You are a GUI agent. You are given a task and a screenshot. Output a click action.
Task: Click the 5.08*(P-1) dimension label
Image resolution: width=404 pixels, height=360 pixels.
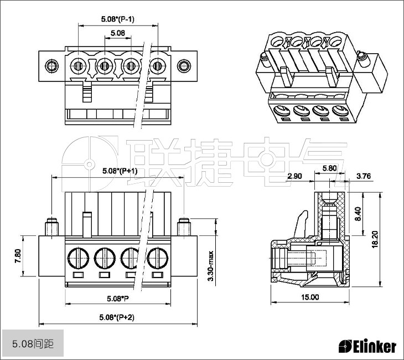[x=118, y=19]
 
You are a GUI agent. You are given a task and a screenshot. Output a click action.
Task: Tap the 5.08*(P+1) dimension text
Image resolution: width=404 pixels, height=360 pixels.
[x=120, y=171]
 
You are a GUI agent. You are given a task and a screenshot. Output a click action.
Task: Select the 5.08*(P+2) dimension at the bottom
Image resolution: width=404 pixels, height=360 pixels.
[x=116, y=317]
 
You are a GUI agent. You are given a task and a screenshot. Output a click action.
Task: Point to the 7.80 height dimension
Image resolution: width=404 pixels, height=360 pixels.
[x=18, y=256]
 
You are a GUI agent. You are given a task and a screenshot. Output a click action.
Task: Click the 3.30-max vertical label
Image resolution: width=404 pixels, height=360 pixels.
[x=210, y=265]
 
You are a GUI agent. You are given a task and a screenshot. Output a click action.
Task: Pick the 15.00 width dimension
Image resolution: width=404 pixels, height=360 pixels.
[x=310, y=297]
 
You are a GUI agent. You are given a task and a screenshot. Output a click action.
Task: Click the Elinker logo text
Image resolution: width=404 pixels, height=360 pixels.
[x=367, y=347]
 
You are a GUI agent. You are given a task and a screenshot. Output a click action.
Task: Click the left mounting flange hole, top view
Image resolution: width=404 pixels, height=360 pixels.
[x=51, y=66]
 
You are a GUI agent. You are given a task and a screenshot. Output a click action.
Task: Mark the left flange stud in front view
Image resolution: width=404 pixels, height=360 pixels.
[x=51, y=227]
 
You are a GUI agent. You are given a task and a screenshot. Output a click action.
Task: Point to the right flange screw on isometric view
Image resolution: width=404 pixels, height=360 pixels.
[x=362, y=56]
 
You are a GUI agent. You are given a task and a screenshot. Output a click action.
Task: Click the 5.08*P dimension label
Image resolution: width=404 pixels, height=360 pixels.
[x=118, y=299]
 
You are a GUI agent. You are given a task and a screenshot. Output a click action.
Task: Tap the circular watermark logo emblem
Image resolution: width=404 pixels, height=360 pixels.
[x=88, y=164]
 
